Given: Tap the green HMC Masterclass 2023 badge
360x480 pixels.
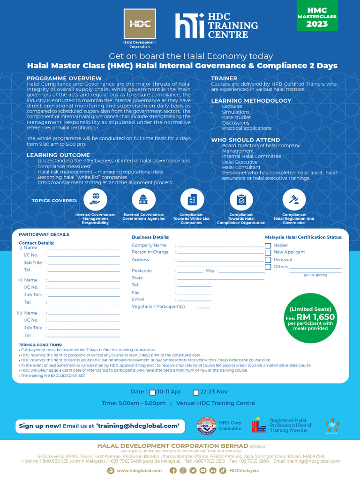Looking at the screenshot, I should (317, 16).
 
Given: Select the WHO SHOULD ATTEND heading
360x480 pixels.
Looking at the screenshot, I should (245, 140).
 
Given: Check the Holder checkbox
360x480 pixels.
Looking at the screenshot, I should (268, 246).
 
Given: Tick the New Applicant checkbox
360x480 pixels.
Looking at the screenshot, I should (268, 253).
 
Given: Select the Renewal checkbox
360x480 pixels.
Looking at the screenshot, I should (268, 260).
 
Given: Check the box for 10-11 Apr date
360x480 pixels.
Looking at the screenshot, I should (152, 392).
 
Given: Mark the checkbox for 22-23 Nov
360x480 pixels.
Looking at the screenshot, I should (196, 392).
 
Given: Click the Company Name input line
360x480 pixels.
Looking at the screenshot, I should (220, 246).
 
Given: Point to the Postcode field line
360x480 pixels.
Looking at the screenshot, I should (190, 271).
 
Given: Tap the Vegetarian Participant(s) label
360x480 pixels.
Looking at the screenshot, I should (158, 307).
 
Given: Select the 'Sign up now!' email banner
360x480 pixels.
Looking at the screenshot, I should (99, 426).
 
